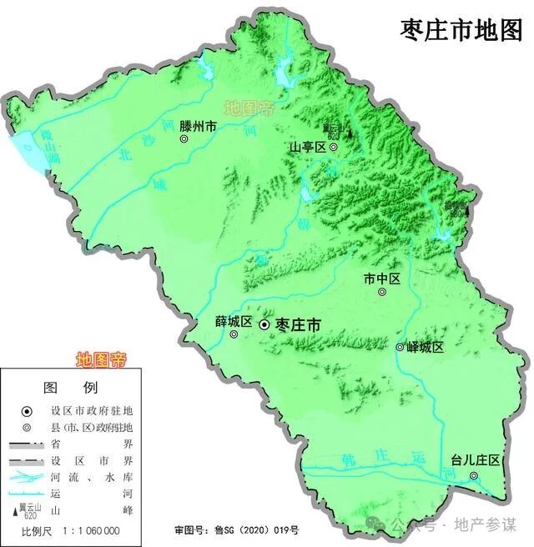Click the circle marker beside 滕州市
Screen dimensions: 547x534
pos(185,140)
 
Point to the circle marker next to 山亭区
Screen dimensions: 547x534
pos(333,147)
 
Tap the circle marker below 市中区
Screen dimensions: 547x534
pos(382,292)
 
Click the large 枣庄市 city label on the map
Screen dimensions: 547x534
pos(298,324)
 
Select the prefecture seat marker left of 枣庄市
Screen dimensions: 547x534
pos(264,324)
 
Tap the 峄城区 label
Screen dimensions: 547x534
pos(426,347)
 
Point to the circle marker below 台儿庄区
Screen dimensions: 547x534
pos(474,476)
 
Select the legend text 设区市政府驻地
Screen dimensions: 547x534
pos(93,410)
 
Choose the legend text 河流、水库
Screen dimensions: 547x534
pos(93,476)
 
